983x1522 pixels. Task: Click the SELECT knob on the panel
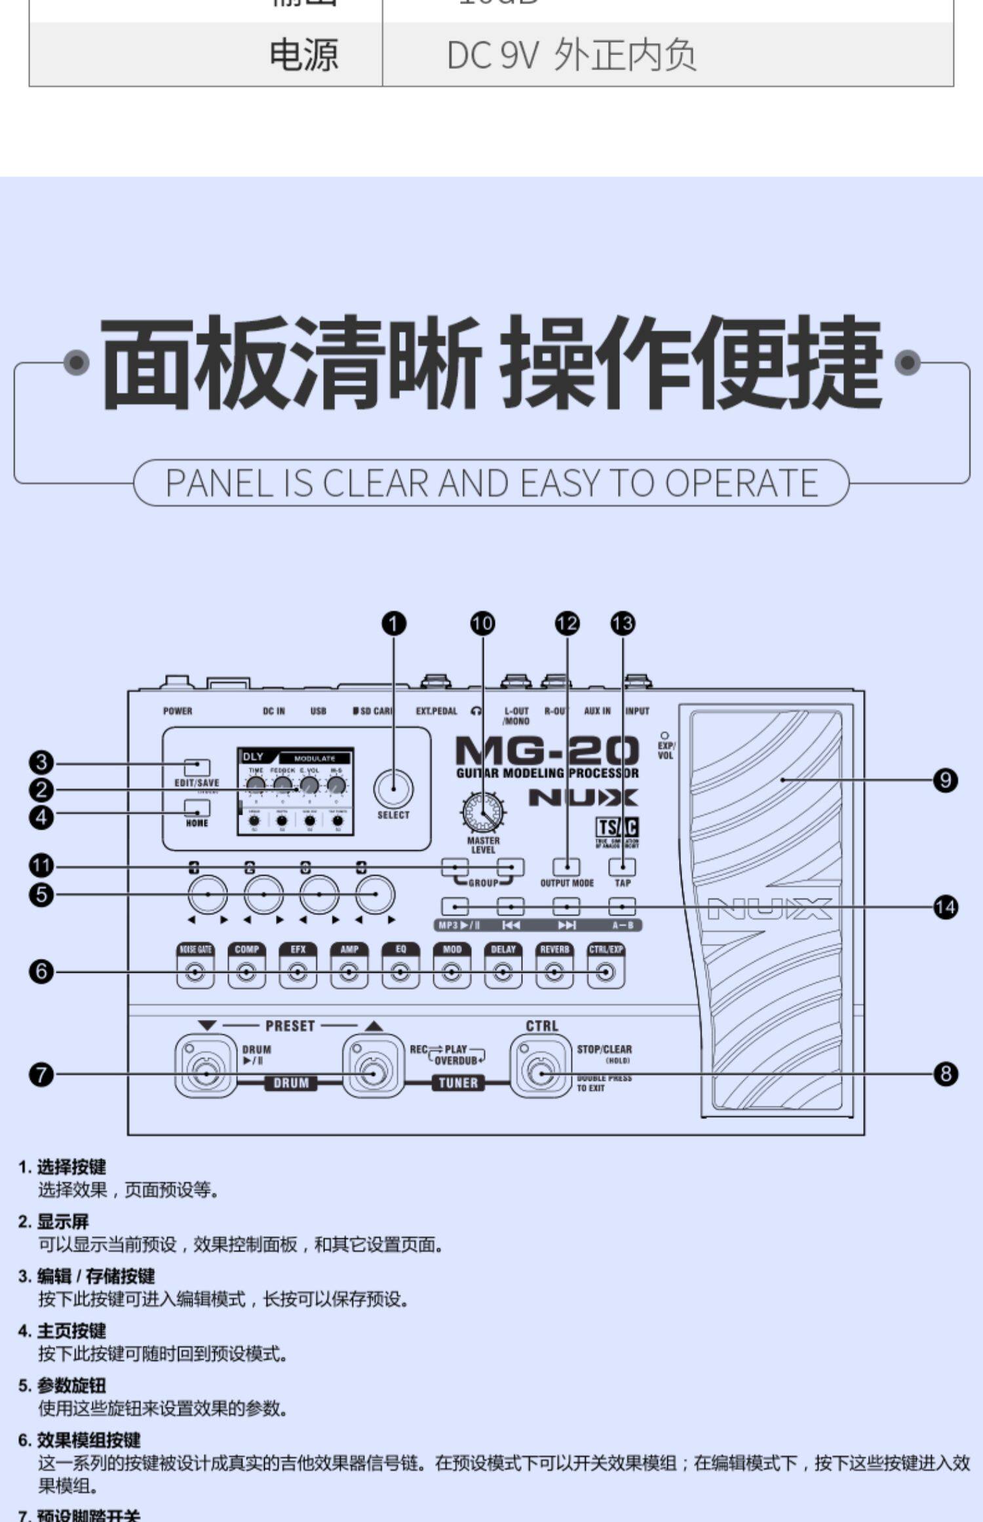(393, 789)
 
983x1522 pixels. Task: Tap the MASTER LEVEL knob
(483, 813)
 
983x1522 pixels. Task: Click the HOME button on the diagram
(197, 808)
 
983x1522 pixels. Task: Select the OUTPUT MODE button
(566, 867)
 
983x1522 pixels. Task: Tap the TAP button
(622, 867)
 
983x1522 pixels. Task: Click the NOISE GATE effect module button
(195, 971)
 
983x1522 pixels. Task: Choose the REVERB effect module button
(554, 971)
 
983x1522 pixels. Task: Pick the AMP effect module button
(349, 971)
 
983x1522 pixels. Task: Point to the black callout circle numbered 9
(945, 780)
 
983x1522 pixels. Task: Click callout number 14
(945, 907)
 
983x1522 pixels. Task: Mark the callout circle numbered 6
(41, 971)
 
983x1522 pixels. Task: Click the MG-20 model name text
(547, 750)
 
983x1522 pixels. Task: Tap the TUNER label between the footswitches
(458, 1083)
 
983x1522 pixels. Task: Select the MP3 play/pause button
(455, 907)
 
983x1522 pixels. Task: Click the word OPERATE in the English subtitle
(741, 483)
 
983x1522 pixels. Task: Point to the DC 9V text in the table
(491, 55)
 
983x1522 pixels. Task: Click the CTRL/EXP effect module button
(606, 971)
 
